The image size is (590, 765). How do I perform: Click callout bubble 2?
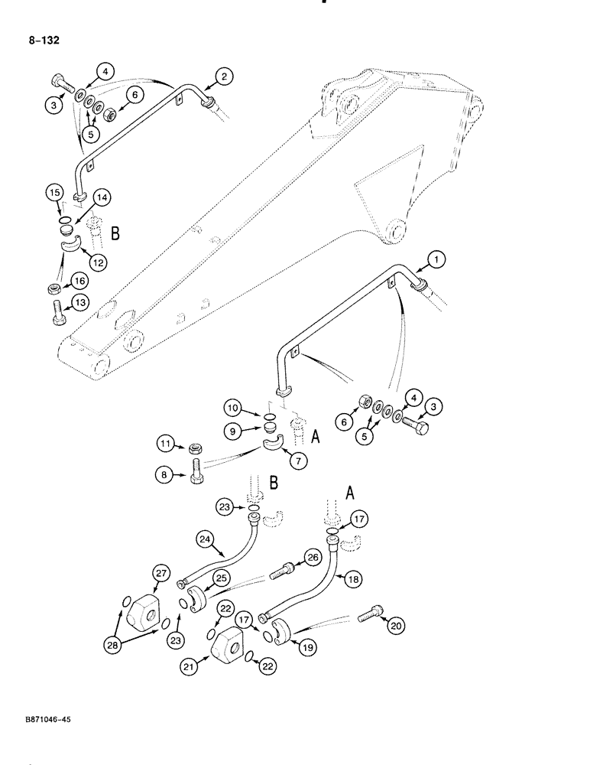(x=224, y=76)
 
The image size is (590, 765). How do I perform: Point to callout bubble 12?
(x=97, y=262)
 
